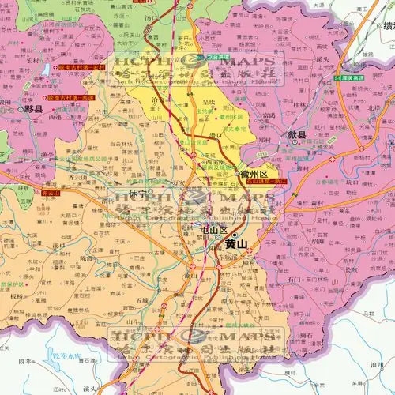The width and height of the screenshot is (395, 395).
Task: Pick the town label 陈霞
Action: pos(88,258)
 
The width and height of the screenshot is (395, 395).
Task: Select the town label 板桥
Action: pos(17,296)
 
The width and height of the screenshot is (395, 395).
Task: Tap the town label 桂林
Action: pos(299,104)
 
